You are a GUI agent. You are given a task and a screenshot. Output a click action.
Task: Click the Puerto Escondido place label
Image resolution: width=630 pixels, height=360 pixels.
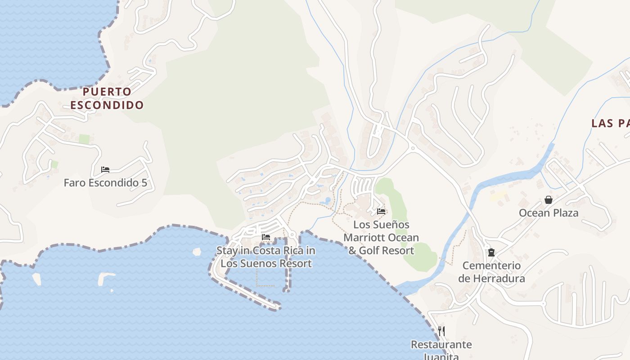107,99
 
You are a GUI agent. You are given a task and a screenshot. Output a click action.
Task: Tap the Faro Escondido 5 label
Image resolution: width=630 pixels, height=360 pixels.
105,183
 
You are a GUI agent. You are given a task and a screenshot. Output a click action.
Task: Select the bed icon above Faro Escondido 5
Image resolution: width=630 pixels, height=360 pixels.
105,170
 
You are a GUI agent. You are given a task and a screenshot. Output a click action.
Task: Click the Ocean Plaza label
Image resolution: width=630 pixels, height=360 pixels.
549,213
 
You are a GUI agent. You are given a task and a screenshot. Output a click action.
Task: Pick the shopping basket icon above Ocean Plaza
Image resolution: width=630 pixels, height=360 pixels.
549,200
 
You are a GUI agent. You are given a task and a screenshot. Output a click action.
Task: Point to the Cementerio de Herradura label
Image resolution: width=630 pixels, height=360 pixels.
491,272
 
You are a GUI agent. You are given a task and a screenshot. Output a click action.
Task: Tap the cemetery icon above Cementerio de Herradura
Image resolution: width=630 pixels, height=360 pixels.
491,252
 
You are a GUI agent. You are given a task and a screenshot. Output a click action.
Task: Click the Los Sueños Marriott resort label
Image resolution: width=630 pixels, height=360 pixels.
381,238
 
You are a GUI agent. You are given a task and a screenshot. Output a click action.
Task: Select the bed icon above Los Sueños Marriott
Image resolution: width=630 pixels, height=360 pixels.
381,211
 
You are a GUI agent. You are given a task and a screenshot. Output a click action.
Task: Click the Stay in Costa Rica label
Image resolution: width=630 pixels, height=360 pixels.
266,257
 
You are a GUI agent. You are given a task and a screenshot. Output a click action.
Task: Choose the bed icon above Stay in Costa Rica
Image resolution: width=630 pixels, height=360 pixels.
266,237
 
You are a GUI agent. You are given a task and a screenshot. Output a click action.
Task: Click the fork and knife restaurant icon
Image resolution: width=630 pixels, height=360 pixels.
441,331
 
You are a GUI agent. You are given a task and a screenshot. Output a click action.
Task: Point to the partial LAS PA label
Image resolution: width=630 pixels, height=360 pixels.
610,123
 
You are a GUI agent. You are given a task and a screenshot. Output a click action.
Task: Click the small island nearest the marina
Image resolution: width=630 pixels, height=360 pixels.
197,252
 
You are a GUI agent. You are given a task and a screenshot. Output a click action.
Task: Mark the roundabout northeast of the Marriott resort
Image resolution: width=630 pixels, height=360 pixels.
412,148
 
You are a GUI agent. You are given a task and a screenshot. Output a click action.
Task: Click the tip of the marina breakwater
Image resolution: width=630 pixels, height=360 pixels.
277,307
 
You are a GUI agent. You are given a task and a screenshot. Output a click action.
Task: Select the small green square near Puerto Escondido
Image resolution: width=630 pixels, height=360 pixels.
84,139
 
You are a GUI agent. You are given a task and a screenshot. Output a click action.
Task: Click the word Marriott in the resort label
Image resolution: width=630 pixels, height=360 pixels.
365,238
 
